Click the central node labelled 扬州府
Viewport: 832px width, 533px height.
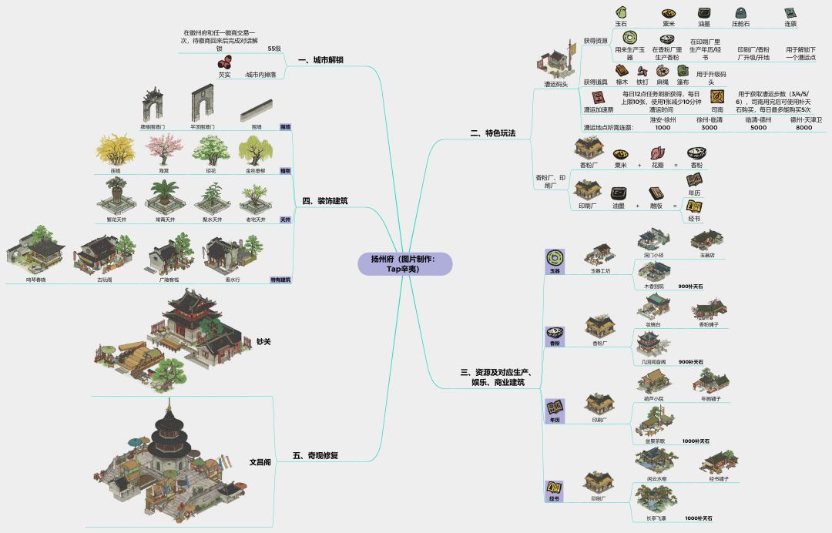404,263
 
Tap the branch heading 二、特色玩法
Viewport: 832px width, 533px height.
492,133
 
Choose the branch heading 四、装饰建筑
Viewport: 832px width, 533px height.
324,201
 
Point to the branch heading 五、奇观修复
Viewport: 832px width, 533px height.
316,455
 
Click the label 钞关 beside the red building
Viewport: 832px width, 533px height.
263,341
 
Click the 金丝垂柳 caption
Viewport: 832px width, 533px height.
257,170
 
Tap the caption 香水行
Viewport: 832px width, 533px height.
233,280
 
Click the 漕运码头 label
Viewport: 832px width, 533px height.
555,84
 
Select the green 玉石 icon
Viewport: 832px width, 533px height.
621,12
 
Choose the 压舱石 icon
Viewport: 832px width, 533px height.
740,13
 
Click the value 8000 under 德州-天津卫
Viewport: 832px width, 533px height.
803,128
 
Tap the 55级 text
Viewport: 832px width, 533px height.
274,49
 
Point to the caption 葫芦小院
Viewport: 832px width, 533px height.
653,398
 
